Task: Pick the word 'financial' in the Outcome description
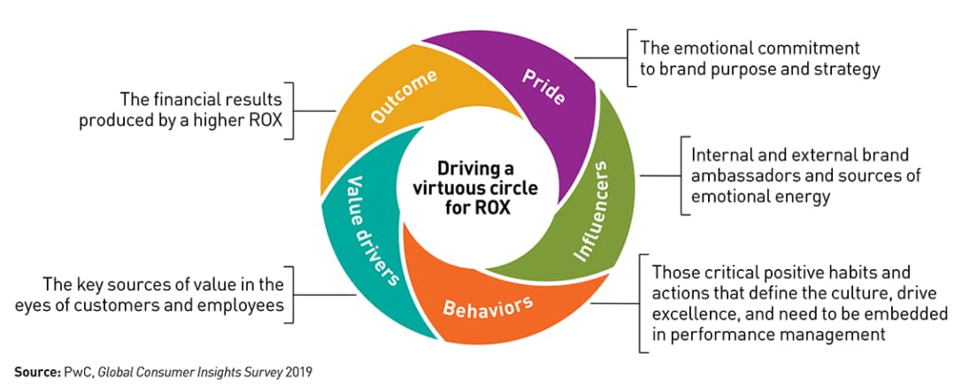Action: tap(187, 97)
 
